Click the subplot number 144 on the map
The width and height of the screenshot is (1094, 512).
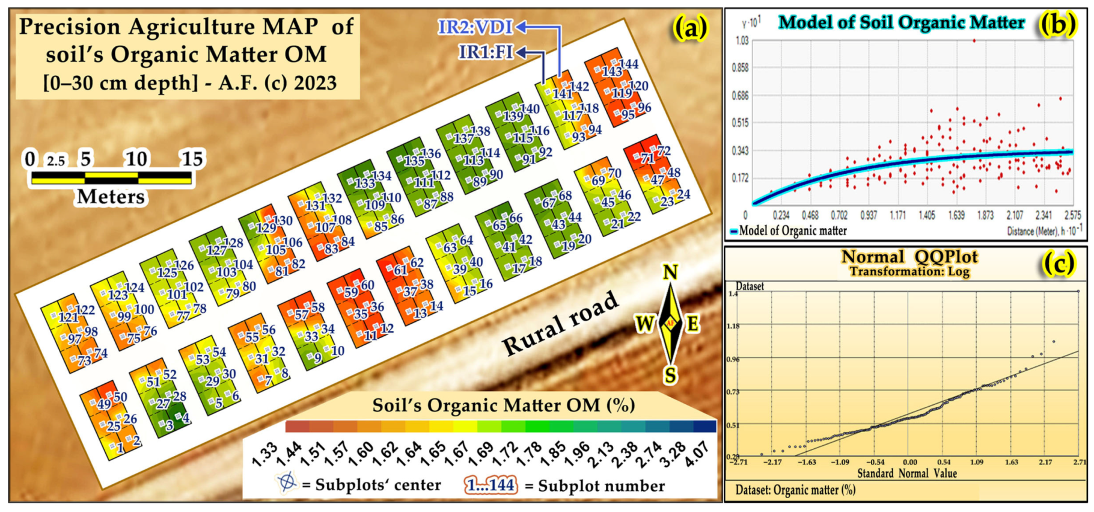coord(629,64)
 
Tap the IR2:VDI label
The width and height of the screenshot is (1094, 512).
coord(475,27)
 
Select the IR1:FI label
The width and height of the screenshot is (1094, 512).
coord(486,52)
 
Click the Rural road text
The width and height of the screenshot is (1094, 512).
coord(560,324)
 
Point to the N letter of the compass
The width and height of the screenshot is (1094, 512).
coord(670,273)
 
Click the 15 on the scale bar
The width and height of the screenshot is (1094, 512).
coord(192,159)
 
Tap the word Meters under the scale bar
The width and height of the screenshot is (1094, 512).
coord(111,197)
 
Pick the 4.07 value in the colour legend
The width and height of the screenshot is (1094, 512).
coord(697,453)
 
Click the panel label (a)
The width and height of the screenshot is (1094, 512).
coord(690,28)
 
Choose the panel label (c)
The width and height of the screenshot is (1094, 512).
coord(1059,264)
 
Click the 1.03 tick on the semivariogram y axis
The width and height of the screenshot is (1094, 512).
coord(742,40)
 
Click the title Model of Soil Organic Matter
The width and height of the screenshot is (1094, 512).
coord(901,23)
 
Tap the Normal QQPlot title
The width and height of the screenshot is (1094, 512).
coord(909,257)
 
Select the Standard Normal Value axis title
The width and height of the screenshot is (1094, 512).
coord(906,473)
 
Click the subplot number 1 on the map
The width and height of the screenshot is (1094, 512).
coord(121,448)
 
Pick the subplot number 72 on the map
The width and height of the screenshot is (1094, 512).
coord(664,150)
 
